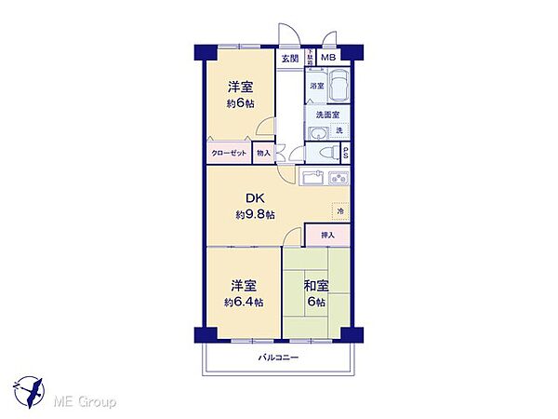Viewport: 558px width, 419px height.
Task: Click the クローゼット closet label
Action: point(228,154)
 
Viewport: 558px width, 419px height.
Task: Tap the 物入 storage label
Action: point(263,154)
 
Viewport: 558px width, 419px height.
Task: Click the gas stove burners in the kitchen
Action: point(339,177)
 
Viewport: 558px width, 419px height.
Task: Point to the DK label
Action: point(254,198)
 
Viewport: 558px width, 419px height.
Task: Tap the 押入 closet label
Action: point(326,237)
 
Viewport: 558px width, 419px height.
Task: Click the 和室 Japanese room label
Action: point(315,285)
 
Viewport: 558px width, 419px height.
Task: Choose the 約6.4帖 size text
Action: point(243,302)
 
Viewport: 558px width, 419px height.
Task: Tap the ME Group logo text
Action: point(85,402)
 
